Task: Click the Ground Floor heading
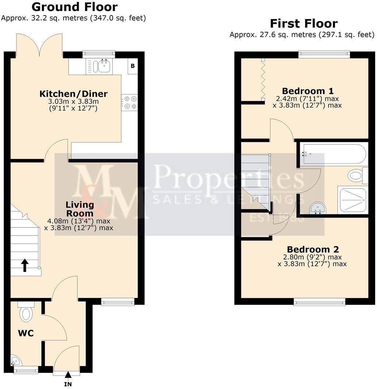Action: tap(74, 7)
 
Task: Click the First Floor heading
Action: tap(304, 24)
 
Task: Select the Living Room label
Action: tap(80, 209)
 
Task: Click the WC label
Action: tap(26, 333)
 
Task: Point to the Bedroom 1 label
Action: tap(308, 91)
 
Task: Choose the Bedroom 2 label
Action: tap(313, 249)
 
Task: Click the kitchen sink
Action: tap(99, 66)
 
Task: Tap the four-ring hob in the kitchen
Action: tap(130, 102)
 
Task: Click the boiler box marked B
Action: tap(132, 66)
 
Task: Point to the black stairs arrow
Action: tap(24, 265)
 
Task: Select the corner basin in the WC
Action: tap(16, 362)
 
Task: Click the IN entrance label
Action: tap(68, 384)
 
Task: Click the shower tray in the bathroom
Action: tap(353, 199)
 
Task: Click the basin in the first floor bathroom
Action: tap(316, 209)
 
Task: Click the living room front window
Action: tap(118, 302)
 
